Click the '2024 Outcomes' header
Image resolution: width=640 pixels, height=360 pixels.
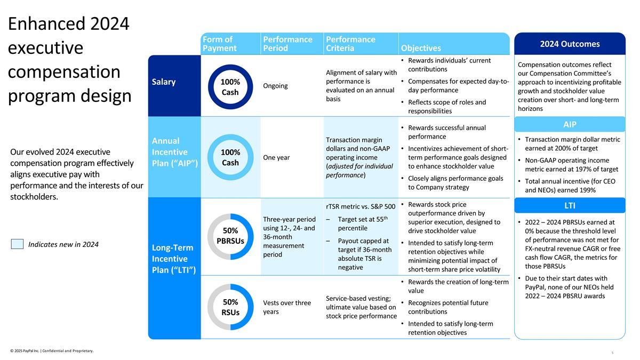pos(570,44)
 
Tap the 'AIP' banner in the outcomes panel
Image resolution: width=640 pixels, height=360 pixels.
pos(570,124)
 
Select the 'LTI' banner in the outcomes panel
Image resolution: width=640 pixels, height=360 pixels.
pos(570,205)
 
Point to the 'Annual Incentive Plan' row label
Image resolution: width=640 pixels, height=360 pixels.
pos(174,152)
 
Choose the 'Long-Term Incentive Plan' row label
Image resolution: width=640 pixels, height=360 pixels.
pos(174,259)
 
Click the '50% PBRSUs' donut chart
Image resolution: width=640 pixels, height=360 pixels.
pos(230,236)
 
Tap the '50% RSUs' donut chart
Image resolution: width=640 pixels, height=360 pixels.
pos(230,307)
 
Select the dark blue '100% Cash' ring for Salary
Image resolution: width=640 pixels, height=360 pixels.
pos(230,87)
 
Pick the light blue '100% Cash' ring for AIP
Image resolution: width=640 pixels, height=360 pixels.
pos(230,157)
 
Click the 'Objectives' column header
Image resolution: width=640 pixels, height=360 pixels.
pos(421,48)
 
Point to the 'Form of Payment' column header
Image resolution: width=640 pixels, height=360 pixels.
pos(219,44)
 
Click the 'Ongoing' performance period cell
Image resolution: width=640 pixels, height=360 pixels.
pos(275,86)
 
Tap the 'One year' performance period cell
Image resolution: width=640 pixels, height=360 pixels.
pos(277,157)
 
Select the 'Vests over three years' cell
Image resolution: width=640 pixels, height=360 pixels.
pos(287,307)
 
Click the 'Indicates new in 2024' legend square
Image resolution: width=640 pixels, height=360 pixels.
pos(17,244)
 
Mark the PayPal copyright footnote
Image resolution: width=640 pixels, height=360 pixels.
pos(52,350)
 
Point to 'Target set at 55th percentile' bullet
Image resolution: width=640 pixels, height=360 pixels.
pos(361,225)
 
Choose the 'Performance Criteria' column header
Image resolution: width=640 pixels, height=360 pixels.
pos(350,44)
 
